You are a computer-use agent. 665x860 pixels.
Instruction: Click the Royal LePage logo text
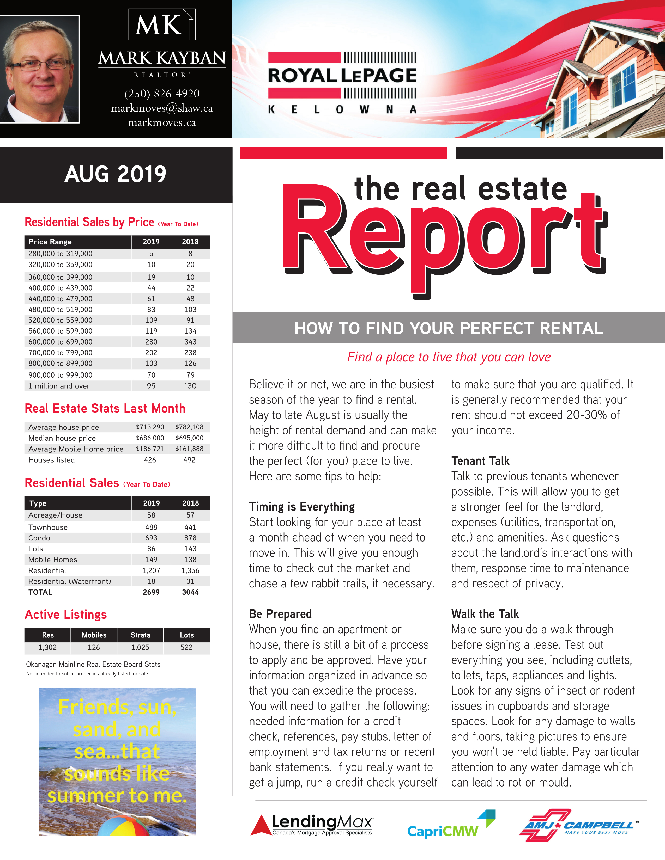[342, 75]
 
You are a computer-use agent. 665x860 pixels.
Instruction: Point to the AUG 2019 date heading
[116, 174]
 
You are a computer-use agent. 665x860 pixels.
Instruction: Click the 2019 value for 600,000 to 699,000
[151, 342]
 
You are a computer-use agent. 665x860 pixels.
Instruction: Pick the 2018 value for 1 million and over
[190, 386]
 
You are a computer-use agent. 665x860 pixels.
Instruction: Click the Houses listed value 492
[190, 460]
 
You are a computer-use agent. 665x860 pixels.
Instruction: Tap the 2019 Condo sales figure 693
[151, 538]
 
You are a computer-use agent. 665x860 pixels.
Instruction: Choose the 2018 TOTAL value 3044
[190, 592]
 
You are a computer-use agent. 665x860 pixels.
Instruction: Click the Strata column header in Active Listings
[140, 635]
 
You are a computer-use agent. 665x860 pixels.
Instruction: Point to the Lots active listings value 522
[187, 647]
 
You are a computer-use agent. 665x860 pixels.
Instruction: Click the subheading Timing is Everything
[302, 507]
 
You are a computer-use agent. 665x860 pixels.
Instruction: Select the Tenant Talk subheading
[480, 461]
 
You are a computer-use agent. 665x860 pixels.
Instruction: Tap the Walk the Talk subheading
[485, 614]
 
